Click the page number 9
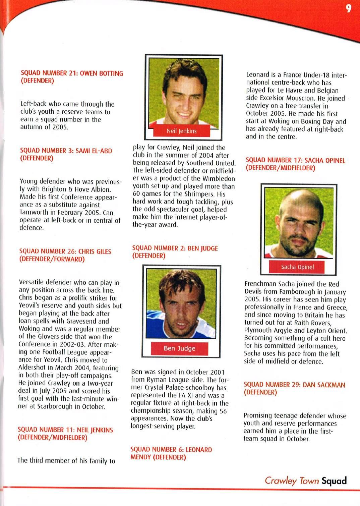coord(349,8)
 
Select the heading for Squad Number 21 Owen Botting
coord(72,77)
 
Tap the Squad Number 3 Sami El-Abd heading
coord(66,155)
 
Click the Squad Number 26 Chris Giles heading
coord(65,255)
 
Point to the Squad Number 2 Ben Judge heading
coord(175,252)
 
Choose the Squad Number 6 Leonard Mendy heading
coord(171,453)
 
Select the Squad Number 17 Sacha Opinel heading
coord(295,164)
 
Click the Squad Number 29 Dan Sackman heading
coord(294,388)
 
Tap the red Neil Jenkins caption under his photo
coord(182,131)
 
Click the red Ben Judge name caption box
coord(179,348)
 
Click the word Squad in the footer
coord(334,481)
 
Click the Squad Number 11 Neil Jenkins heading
coord(65,434)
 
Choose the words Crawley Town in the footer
coord(291,481)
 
